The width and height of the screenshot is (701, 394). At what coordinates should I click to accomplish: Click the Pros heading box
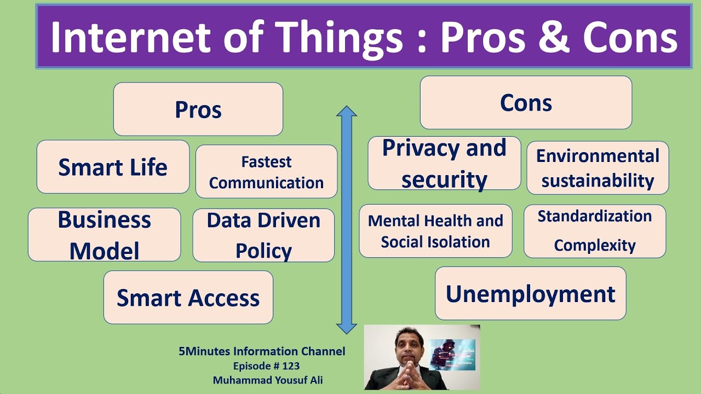(x=198, y=109)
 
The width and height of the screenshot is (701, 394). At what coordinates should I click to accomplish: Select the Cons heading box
(x=526, y=102)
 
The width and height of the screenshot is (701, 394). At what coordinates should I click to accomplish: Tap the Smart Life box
(x=113, y=167)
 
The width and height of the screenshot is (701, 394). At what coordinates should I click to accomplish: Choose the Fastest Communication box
(x=266, y=172)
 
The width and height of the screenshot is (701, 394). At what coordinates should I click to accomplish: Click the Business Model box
(x=104, y=235)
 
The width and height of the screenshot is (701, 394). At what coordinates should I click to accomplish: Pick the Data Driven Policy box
(x=263, y=235)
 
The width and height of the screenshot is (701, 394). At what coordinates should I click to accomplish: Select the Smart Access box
(x=188, y=297)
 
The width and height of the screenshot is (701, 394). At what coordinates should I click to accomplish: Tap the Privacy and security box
(x=444, y=164)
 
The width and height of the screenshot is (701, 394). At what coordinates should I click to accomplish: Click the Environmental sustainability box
(x=597, y=168)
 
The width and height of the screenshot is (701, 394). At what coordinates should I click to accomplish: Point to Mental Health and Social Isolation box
(x=435, y=231)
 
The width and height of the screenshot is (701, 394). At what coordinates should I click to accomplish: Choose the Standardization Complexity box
(x=595, y=231)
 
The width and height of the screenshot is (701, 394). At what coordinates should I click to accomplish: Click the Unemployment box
(x=530, y=293)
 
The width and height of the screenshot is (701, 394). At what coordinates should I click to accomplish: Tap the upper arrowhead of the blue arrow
(x=346, y=112)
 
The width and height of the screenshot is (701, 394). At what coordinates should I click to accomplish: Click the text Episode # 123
(x=266, y=366)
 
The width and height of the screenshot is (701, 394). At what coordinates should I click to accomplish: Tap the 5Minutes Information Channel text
(x=262, y=351)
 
